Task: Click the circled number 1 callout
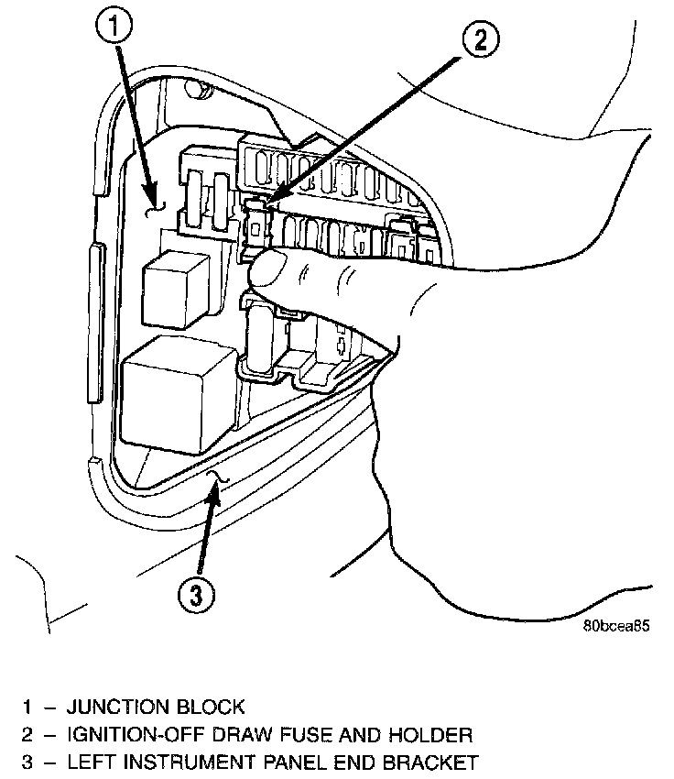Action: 114,27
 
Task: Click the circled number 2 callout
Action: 481,39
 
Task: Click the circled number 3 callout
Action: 197,595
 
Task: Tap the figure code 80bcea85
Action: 616,625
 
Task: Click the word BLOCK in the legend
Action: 211,707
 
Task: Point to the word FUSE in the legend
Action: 305,734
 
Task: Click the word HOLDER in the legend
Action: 430,734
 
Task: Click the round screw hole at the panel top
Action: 194,88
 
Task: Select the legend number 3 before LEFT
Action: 28,763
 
